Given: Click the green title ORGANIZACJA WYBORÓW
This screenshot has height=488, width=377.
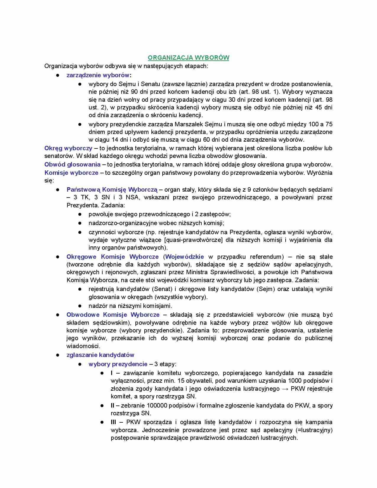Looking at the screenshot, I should coord(188,58).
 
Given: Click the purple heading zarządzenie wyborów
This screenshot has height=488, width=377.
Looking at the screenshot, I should coord(98,75).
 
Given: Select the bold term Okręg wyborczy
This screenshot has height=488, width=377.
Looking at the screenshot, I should coord(68,148).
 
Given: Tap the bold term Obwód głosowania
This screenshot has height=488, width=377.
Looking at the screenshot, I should coord(72,164).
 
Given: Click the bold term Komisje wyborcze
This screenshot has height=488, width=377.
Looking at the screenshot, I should coord(71,173).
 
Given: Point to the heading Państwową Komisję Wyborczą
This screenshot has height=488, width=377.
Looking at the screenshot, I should coord(112,190).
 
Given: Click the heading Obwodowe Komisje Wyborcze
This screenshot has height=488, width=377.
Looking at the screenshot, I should coord(113,315).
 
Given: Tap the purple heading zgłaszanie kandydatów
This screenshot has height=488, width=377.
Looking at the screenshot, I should coord(100,355).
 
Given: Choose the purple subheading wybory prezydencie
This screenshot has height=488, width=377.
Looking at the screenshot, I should coord(118,364).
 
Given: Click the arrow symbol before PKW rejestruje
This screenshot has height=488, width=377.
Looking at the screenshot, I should coord(285,389).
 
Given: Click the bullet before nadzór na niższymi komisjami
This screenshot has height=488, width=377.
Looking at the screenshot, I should coord(80,306).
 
